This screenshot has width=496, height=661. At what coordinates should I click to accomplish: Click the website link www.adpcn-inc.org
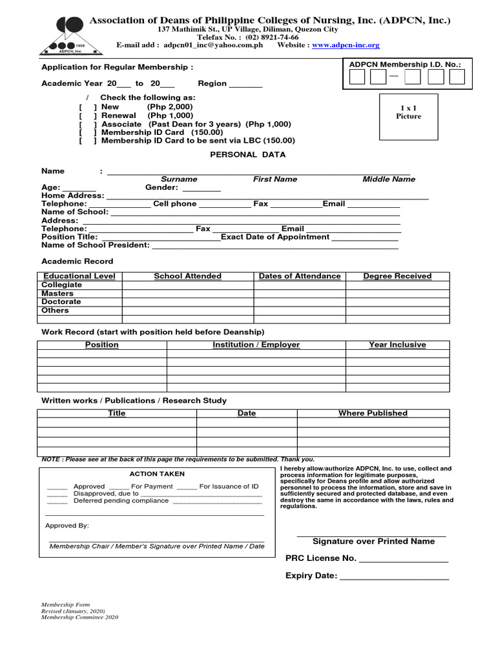(x=346, y=45)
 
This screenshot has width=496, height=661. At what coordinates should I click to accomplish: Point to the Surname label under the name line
(x=179, y=179)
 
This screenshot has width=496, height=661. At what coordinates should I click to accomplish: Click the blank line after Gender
(x=201, y=189)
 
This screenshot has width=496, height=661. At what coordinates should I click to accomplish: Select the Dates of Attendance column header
(x=300, y=276)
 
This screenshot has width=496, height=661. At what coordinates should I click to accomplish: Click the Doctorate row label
(x=61, y=301)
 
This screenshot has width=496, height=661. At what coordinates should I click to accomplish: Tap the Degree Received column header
(x=397, y=276)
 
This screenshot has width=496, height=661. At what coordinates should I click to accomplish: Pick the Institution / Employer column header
(x=256, y=345)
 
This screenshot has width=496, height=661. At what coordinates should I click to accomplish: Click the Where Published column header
(x=373, y=413)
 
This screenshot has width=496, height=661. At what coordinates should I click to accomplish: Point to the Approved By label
(x=67, y=525)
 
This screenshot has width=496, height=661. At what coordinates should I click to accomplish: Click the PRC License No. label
(x=320, y=558)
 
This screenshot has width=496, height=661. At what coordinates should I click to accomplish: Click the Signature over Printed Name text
(x=373, y=542)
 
